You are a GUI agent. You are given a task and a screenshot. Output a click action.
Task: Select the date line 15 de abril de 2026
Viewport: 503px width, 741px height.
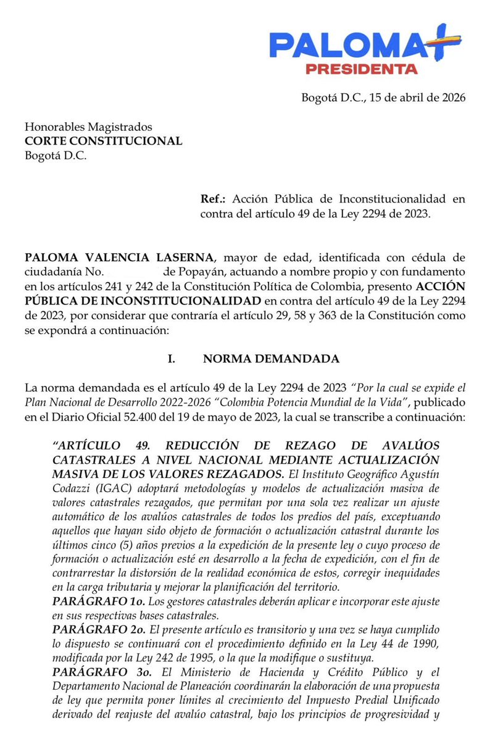(x=383, y=98)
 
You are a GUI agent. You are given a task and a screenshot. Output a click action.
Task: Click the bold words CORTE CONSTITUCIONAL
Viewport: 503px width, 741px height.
(x=103, y=141)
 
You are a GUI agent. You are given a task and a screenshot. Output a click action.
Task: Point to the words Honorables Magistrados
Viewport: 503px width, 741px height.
(x=88, y=127)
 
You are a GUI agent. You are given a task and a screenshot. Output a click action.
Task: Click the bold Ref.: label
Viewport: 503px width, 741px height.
(x=214, y=199)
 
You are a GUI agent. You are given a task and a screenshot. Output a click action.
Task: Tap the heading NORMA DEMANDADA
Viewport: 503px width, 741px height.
(x=271, y=359)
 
